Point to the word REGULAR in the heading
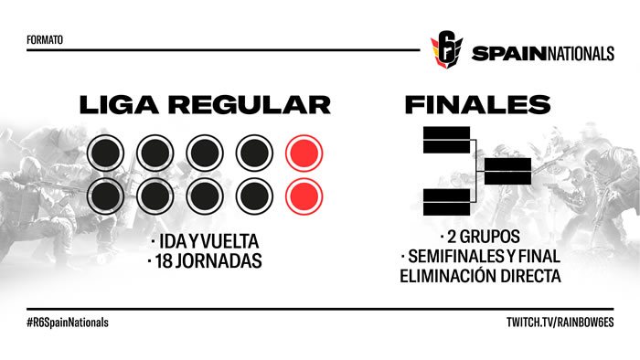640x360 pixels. pos(250,104)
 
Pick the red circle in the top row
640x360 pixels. pos(303,154)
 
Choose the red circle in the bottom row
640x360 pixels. pos(303,195)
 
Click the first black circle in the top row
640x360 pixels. pos(105,154)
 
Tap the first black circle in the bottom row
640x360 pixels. pos(105,195)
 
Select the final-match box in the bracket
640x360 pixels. pos(507,171)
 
